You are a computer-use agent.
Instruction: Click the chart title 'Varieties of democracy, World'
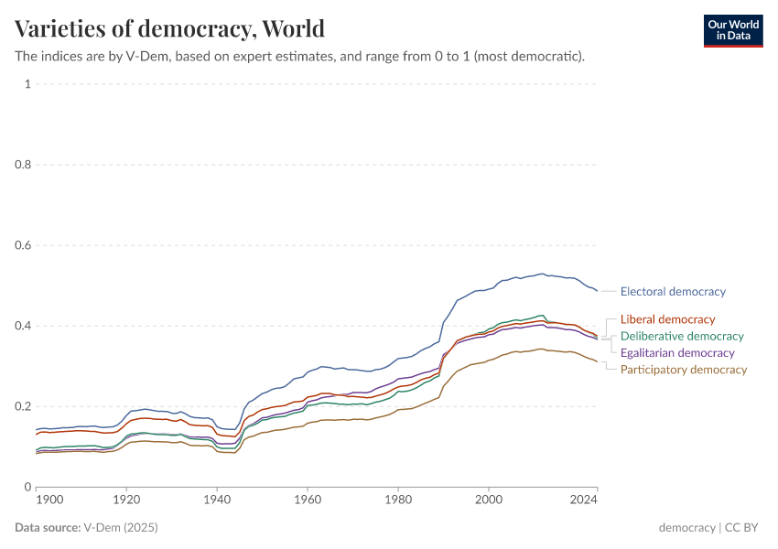pos(169,28)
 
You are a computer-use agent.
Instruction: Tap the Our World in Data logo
pos(732,30)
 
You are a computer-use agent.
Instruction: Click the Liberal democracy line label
pos(667,319)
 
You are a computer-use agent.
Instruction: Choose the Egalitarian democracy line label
pos(677,353)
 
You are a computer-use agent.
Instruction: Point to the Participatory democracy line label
pos(683,370)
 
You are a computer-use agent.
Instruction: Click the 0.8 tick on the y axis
pos(24,165)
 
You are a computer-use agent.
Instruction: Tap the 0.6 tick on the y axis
pos(24,245)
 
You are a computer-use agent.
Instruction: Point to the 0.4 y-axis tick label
pos(24,326)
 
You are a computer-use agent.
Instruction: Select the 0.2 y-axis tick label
pos(24,406)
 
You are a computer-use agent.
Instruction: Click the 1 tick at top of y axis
pos(27,84)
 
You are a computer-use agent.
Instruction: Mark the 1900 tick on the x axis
pos(49,501)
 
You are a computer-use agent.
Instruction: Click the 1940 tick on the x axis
pos(217,501)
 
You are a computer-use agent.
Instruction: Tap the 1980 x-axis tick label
pos(398,501)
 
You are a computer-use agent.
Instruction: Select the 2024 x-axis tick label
pos(583,501)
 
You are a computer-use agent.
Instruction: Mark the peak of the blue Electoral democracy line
pos(542,274)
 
